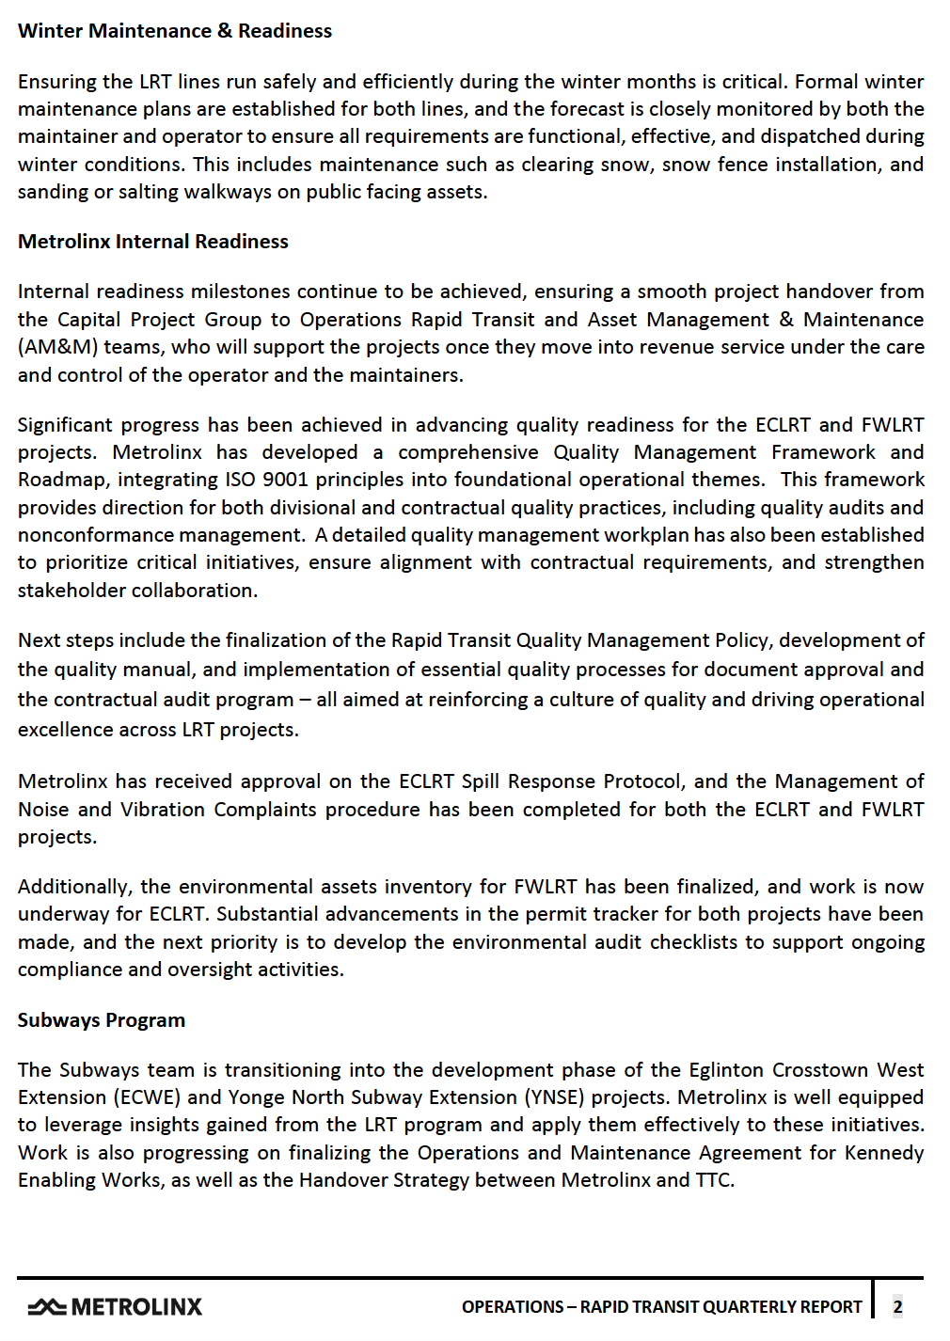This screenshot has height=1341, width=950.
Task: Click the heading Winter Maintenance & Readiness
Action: point(175,31)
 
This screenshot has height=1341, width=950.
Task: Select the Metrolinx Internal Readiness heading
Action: point(153,242)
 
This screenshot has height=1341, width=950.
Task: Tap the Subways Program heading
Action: point(102,1020)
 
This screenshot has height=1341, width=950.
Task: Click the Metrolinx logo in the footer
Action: point(116,1306)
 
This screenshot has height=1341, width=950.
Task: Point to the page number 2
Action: point(897,1306)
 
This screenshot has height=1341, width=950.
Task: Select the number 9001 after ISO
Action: point(285,480)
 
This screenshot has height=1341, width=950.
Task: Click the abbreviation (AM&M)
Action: point(57,347)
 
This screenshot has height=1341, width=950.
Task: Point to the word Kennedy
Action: point(884,1153)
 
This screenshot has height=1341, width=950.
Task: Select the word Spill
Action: point(481,781)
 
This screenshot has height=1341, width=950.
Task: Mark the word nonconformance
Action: point(84,535)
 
